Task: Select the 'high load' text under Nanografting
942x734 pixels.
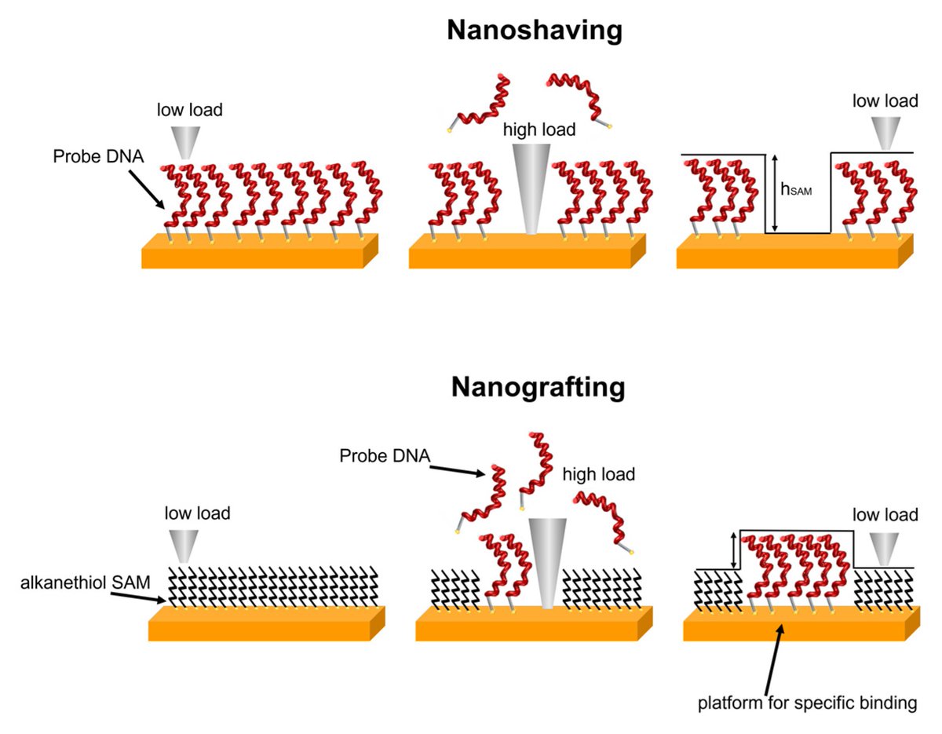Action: (x=599, y=474)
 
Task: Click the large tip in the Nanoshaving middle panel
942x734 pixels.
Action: (x=533, y=188)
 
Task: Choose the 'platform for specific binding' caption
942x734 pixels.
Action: (x=807, y=702)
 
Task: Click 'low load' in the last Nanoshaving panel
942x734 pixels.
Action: (x=885, y=101)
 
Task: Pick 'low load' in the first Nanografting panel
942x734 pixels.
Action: (x=197, y=513)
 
